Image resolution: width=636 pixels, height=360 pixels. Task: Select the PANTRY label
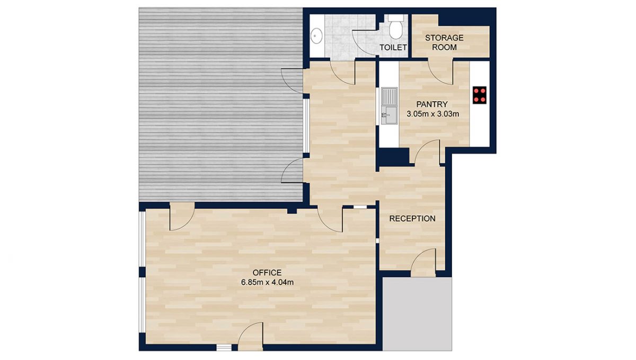tap(432, 104)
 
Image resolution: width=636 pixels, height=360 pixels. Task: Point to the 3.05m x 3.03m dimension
tap(432, 113)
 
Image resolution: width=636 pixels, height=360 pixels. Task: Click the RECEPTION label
tap(412, 218)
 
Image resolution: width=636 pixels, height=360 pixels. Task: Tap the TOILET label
tap(393, 48)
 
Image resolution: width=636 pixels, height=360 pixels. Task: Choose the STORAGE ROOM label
tap(444, 42)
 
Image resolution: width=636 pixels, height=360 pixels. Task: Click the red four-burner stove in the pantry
tap(480, 94)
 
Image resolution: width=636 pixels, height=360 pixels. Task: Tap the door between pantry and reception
tap(427, 152)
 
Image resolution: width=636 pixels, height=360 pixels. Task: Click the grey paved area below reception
tap(418, 313)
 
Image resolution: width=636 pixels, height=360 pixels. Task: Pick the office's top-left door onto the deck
tap(182, 218)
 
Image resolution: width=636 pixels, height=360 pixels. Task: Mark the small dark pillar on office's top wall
tap(291, 210)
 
